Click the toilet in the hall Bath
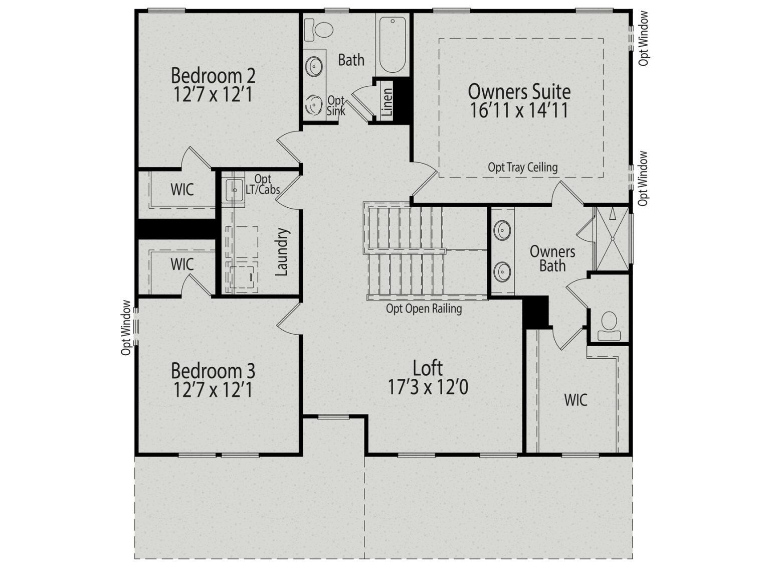pos(318,30)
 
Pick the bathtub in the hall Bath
pos(393,45)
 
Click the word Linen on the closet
pos(388,102)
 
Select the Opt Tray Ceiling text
pos(523,168)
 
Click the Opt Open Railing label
pos(424,309)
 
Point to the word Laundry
pos(282,252)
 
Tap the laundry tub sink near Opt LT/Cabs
pos(234,190)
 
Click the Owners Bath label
pos(552,258)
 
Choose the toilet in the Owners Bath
pos(609,326)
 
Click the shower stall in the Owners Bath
pos(613,239)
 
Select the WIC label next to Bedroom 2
pos(182,190)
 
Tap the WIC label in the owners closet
pos(575,400)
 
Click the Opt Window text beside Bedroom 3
pos(126,328)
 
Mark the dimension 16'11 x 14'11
pos(519,110)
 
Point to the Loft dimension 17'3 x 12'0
pos(428,387)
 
